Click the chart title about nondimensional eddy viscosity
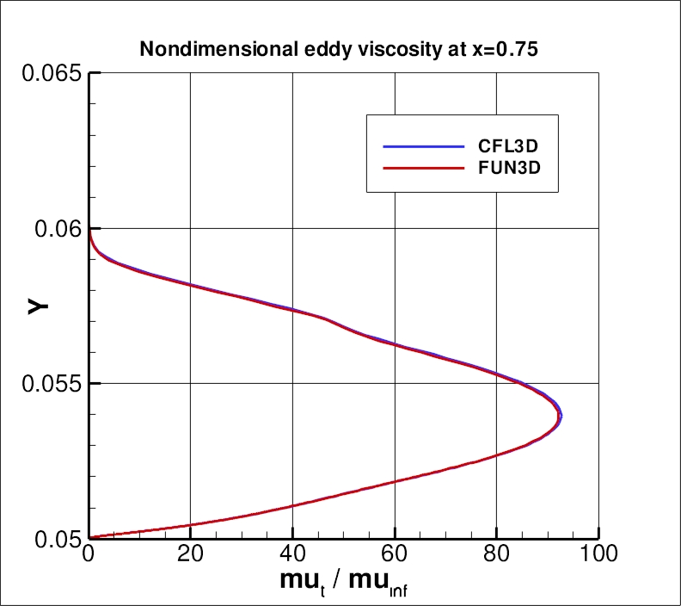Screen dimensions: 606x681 coord(339,49)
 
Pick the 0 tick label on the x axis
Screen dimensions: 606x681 coord(89,557)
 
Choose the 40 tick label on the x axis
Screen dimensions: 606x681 coord(292,557)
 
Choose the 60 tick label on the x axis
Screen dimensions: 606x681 coord(395,557)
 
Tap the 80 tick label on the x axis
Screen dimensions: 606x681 coord(496,557)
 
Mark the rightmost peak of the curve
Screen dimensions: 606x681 coord(561,416)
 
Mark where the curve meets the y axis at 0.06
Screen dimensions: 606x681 coord(89,230)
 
